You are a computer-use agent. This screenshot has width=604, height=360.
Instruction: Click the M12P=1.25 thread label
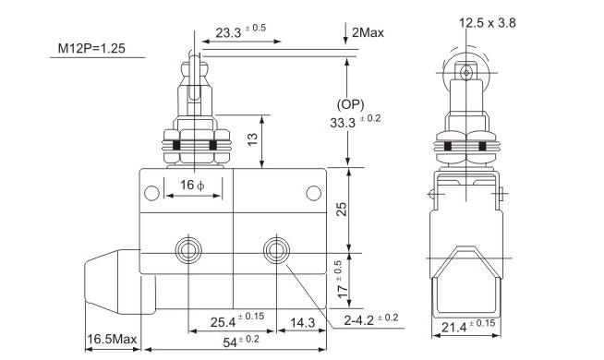91,49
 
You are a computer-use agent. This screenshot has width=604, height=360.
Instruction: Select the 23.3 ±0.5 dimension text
241,31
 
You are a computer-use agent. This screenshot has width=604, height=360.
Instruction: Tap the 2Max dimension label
368,32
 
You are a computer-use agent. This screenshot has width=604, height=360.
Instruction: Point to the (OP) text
350,104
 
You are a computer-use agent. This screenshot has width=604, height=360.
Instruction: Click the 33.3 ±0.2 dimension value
356,121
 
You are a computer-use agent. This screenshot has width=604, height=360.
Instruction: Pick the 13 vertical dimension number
252,139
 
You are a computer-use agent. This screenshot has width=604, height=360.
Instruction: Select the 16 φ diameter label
192,186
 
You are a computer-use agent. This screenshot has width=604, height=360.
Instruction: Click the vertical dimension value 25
342,209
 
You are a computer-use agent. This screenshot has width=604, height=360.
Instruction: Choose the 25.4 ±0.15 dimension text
237,320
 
